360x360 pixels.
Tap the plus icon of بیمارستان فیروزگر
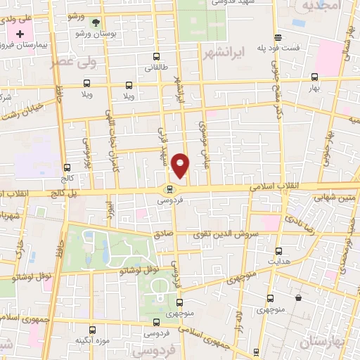pos(20,33)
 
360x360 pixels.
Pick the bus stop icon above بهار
pos(314,77)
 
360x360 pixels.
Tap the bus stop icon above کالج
pos(67,167)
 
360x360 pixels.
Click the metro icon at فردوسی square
pos(169,188)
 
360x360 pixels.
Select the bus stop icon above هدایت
pos(279,250)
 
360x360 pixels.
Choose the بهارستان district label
pos(325,342)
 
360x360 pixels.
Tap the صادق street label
pos(163,234)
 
